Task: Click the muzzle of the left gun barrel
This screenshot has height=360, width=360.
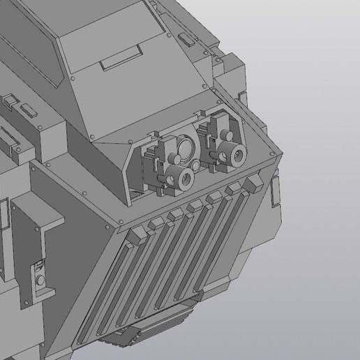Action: point(185,179)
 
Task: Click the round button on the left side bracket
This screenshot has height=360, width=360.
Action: point(40,280)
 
